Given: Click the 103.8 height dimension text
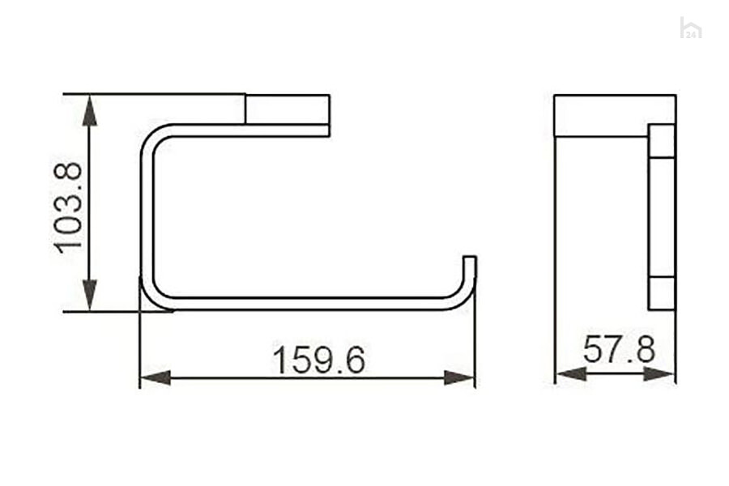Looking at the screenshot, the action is coord(68,208).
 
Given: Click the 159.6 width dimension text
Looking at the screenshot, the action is coord(319,360).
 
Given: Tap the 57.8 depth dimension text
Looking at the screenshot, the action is coord(619,349).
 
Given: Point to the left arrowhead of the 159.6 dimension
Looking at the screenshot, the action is coord(156,377).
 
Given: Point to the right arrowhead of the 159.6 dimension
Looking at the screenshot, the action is coord(459,377).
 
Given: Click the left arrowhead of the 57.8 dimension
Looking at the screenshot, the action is coord(571,373).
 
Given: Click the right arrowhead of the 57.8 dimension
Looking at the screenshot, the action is coord(659,373).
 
